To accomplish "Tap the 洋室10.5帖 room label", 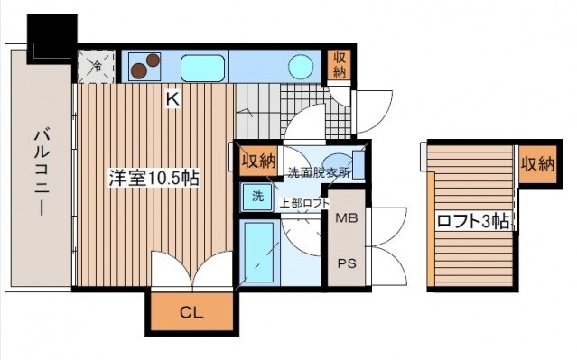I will click(154, 178).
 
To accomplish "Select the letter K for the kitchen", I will click(172, 102).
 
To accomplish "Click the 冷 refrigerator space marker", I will click(95, 65).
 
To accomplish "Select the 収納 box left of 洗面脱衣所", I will click(257, 162).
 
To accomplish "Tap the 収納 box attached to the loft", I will click(536, 164).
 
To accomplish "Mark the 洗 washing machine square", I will click(257, 197).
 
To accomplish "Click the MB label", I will click(347, 217).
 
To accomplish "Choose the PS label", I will click(347, 264).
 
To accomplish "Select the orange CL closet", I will click(190, 313).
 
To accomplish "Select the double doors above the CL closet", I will click(191, 269).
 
